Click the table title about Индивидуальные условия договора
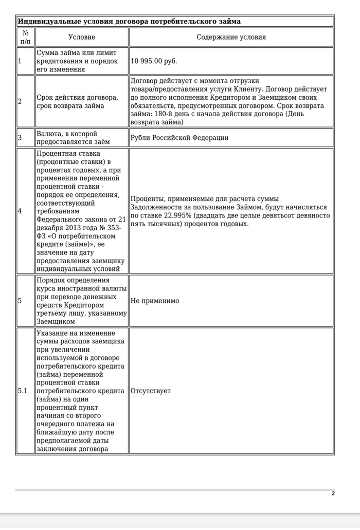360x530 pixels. pos(129,22)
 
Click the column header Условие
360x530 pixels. pos(82,37)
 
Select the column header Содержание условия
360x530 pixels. pos(231,37)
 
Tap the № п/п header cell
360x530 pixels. pos(25,37)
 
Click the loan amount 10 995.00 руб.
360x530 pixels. pos(154,61)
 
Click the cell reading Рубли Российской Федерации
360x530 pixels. pos(179,138)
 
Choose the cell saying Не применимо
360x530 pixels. pos(155,301)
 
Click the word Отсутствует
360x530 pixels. pos(151,391)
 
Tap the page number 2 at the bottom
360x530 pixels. pos(333,493)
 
